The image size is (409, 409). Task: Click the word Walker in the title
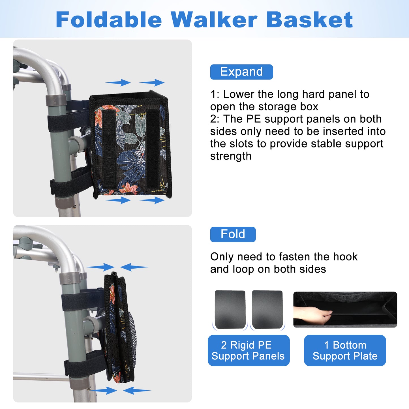214,20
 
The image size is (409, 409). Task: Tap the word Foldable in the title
109,20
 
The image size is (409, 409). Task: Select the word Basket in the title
309,20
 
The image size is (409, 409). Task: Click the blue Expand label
241,72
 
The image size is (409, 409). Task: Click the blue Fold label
233,234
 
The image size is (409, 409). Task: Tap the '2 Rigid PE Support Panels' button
249,350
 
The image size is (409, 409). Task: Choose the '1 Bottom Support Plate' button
345,350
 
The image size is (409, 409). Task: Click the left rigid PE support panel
230,309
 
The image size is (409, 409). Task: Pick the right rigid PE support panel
267,309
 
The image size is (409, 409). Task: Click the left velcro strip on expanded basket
109,149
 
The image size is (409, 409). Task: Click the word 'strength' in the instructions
231,156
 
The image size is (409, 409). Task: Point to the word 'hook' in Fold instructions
345,257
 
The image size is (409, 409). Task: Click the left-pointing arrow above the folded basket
134,267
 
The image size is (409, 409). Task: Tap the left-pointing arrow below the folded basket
137,390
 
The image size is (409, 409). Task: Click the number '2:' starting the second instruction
215,119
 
